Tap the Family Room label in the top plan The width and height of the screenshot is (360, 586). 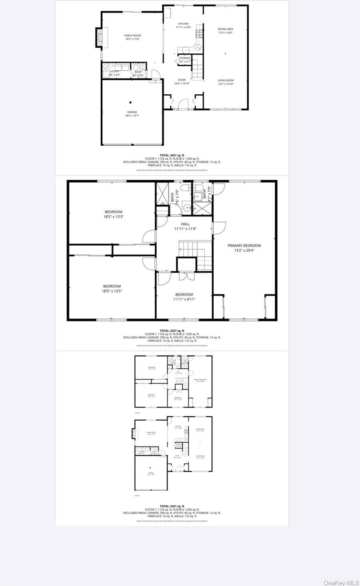coord(133,36)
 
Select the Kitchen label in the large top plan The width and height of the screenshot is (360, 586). coord(183,24)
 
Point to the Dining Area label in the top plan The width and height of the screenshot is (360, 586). coord(225,29)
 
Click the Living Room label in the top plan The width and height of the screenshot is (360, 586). coord(225,80)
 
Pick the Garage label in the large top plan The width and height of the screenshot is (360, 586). coord(132,112)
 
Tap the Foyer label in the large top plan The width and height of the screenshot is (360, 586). coord(182,80)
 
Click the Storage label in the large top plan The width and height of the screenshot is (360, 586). coord(184,58)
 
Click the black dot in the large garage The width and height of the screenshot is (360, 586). coord(130,103)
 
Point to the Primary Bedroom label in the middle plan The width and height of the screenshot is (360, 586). coord(244,246)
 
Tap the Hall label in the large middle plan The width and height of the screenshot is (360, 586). coord(185,224)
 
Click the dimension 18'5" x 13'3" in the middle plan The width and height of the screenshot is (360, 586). coord(113,217)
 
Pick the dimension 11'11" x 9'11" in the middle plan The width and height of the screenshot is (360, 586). coord(184,299)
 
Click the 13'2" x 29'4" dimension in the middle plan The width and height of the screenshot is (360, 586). coord(244,251)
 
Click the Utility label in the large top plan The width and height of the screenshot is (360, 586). coord(114,72)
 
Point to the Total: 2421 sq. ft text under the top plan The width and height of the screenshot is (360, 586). coord(172,155)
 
